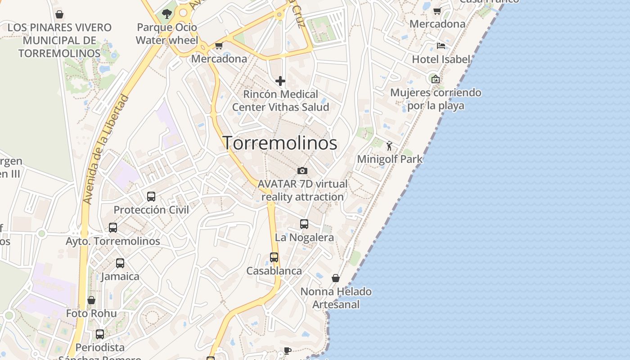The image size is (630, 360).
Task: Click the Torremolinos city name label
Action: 280,143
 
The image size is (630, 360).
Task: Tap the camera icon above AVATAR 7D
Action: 302,171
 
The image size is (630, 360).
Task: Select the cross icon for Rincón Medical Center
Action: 280,81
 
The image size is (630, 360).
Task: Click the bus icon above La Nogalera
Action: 304,224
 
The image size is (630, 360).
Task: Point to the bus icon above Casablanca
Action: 274,257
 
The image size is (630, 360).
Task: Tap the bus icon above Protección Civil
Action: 151,197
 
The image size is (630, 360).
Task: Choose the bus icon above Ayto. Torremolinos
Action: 113,228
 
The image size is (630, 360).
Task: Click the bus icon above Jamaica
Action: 120,263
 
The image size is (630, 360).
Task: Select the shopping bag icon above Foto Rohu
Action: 91,300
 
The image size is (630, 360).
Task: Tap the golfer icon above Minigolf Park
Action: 389,146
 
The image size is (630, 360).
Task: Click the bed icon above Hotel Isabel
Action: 441,46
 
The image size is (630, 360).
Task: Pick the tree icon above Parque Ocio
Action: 167,14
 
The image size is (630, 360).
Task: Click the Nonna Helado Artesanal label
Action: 336,298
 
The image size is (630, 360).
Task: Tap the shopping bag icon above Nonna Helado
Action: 336,278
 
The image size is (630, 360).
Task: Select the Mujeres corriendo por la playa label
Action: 436,99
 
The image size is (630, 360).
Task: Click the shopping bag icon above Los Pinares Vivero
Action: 59,14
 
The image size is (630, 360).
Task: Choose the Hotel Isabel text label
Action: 441,59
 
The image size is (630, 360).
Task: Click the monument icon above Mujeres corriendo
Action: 435,79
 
